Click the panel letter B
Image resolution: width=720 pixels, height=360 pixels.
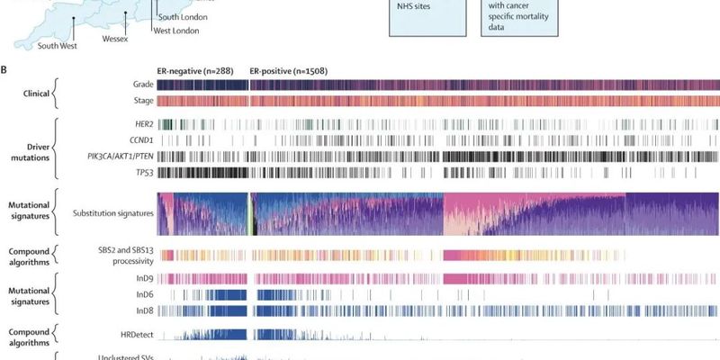coord(4,68)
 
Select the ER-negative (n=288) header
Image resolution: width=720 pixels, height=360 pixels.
coord(199,69)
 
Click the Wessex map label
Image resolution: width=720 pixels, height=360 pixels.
coord(114,40)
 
